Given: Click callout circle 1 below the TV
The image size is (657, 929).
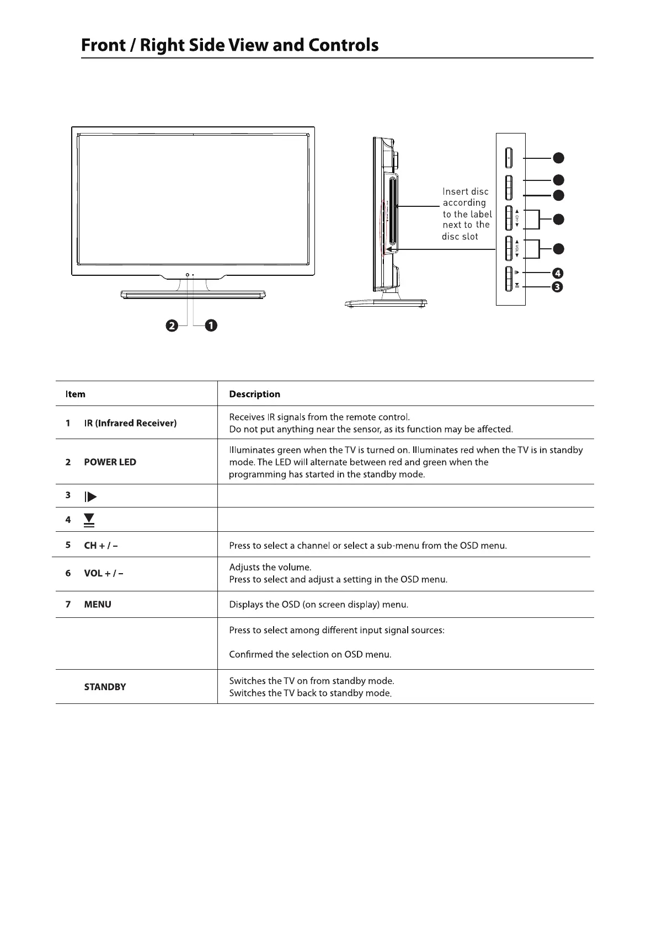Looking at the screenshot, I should pos(211,326).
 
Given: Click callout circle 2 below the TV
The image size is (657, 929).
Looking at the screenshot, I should pos(172,326).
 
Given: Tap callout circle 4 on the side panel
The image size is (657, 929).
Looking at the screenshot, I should pos(558,273).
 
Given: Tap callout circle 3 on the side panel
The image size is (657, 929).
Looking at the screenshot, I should pos(558,287).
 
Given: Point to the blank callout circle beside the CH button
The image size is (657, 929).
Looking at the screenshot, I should pos(558,219).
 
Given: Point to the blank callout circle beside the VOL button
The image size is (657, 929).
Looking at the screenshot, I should pos(558,249).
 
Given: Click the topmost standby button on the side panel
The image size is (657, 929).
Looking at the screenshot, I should pos(509,158).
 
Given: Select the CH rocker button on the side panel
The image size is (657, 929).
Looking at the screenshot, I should pos(509,218).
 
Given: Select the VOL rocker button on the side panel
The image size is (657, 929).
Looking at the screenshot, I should pos(509,248).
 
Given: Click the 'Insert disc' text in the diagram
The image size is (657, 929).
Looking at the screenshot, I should pos(466,191).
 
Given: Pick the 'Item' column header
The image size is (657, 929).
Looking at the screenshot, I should pos(75,394).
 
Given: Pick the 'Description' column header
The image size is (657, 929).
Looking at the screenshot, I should pos(254,394).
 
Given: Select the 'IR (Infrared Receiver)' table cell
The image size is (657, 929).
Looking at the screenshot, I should pos(130,423).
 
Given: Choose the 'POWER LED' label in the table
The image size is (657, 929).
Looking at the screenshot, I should pos(110,462).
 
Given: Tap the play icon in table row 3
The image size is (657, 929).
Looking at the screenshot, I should pos(90,496).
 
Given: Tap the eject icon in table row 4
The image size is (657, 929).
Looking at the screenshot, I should pos(89,520).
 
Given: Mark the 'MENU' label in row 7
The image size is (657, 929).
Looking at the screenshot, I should pos(98,605).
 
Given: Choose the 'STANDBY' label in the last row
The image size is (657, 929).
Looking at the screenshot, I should pos(105,687).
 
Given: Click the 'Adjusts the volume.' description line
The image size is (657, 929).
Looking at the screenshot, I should pos(270,567).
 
